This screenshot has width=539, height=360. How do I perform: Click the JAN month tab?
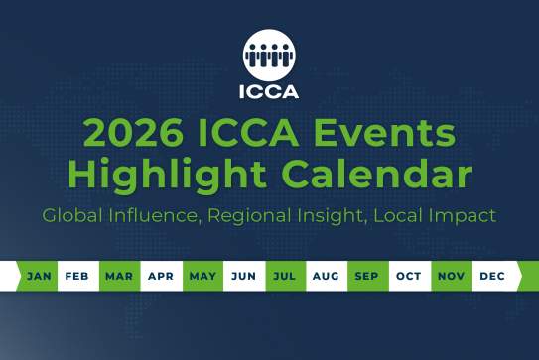click(x=40, y=276)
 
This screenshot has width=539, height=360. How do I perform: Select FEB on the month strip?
click(x=79, y=276)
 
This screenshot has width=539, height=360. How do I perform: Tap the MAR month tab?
click(x=120, y=276)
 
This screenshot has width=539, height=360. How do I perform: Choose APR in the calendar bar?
click(x=161, y=276)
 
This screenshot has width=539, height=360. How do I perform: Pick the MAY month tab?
click(x=202, y=276)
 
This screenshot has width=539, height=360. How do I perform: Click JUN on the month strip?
click(x=243, y=276)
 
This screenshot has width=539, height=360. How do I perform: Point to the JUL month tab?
click(x=285, y=276)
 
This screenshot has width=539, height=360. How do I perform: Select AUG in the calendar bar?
click(x=326, y=276)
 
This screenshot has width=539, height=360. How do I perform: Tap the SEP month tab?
click(x=367, y=276)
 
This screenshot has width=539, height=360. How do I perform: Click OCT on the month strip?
click(x=408, y=276)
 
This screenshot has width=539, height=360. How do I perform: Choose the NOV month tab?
click(x=451, y=276)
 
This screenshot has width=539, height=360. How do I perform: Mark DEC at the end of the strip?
click(x=491, y=276)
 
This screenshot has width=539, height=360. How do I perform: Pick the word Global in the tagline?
click(x=72, y=215)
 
